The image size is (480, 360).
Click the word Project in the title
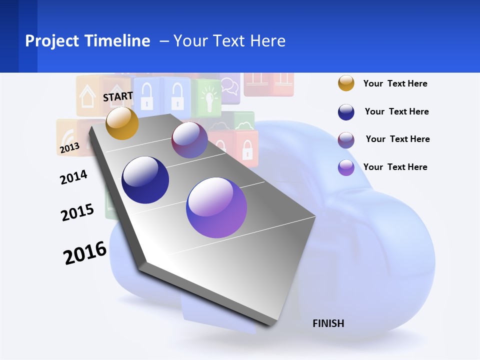click(53, 41)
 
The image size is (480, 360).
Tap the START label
click(118, 96)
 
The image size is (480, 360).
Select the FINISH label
click(328, 323)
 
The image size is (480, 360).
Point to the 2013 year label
click(69, 147)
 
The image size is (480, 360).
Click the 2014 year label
click(73, 177)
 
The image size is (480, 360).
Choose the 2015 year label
click(77, 212)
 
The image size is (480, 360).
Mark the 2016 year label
click(85, 252)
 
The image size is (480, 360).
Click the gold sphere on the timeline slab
click(122, 123)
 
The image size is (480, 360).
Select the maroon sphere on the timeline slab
click(189, 140)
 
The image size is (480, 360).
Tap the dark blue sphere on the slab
click(145, 180)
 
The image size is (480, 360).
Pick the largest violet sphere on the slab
click(216, 207)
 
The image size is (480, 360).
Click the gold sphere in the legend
click(346, 83)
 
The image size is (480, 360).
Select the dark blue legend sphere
click(346, 112)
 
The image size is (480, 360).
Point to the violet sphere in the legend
click(346, 167)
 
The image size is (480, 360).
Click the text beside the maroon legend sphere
click(397, 139)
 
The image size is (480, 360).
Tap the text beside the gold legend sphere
click(395, 83)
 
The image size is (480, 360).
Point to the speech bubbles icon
click(229, 85)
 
